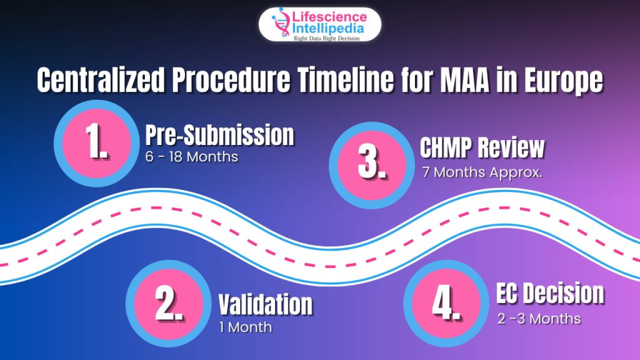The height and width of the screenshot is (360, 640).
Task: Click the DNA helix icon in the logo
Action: coord(281,23)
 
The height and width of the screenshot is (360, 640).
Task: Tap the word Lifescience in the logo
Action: coord(329,17)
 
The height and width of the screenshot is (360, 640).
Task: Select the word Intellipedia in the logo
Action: coord(327,29)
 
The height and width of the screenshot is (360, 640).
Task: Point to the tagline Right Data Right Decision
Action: coord(327,38)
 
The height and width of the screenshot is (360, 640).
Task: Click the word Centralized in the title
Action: coord(101,79)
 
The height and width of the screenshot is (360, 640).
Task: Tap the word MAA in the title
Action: coord(465,79)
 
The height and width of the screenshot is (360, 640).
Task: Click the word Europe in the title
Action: coord(563,81)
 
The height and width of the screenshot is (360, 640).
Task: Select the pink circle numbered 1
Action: coord(97,143)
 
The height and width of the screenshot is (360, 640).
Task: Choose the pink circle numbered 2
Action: coord(169,304)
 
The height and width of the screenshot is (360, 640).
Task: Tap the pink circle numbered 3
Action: coord(371,165)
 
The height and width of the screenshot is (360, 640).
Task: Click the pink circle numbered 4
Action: coord(446,303)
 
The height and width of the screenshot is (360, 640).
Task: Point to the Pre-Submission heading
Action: coord(219,135)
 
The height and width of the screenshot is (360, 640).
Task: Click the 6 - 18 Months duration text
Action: coord(191,157)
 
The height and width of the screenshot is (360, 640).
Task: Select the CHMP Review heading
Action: coord(482,147)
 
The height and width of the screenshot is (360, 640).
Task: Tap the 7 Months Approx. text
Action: coord(482,172)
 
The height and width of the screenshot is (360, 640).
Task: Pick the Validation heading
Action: coord(266,304)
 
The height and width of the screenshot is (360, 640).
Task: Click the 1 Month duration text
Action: coord(245,327)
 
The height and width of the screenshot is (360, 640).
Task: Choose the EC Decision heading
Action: coord(550,293)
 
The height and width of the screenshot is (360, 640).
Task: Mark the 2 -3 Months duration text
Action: coord(539,319)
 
